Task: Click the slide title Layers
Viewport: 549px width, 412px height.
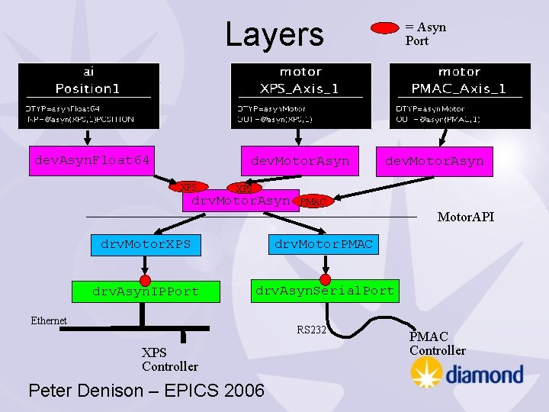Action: pyautogui.click(x=274, y=34)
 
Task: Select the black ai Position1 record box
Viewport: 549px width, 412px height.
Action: pyautogui.click(x=89, y=95)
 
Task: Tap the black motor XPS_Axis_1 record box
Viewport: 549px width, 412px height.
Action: pyautogui.click(x=301, y=95)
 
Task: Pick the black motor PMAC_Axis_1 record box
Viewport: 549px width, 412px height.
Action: pyautogui.click(x=460, y=95)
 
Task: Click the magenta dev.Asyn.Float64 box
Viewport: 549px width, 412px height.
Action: pyautogui.click(x=91, y=160)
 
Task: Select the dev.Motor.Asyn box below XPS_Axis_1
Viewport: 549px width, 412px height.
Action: pyautogui.click(x=300, y=161)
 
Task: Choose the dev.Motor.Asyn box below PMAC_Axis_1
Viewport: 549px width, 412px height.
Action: pyautogui.click(x=434, y=161)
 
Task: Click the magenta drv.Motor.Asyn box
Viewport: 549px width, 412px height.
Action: pyautogui.click(x=240, y=201)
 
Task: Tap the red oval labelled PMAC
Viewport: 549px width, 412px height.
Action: pyautogui.click(x=313, y=201)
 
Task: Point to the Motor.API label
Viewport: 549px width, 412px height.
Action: pyautogui.click(x=465, y=217)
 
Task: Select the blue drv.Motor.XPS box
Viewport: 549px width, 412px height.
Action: pyautogui.click(x=146, y=245)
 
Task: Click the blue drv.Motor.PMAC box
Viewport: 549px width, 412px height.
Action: pyautogui.click(x=323, y=244)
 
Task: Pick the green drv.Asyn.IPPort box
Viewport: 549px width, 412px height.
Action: pyautogui.click(x=146, y=291)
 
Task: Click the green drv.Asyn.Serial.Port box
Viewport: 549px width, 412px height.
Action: pyautogui.click(x=325, y=291)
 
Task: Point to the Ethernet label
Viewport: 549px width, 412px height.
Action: pyautogui.click(x=49, y=320)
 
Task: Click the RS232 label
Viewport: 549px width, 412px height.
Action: pyautogui.click(x=311, y=330)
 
